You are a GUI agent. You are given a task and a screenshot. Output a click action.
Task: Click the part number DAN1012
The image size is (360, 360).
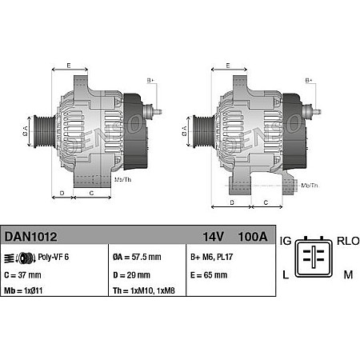[x=30, y=237]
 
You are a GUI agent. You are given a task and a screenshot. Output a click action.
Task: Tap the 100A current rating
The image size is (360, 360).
[x=254, y=237]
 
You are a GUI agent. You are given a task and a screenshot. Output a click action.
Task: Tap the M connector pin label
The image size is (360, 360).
[x=348, y=274]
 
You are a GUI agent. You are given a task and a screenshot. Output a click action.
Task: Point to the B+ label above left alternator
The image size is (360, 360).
[x=150, y=80]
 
